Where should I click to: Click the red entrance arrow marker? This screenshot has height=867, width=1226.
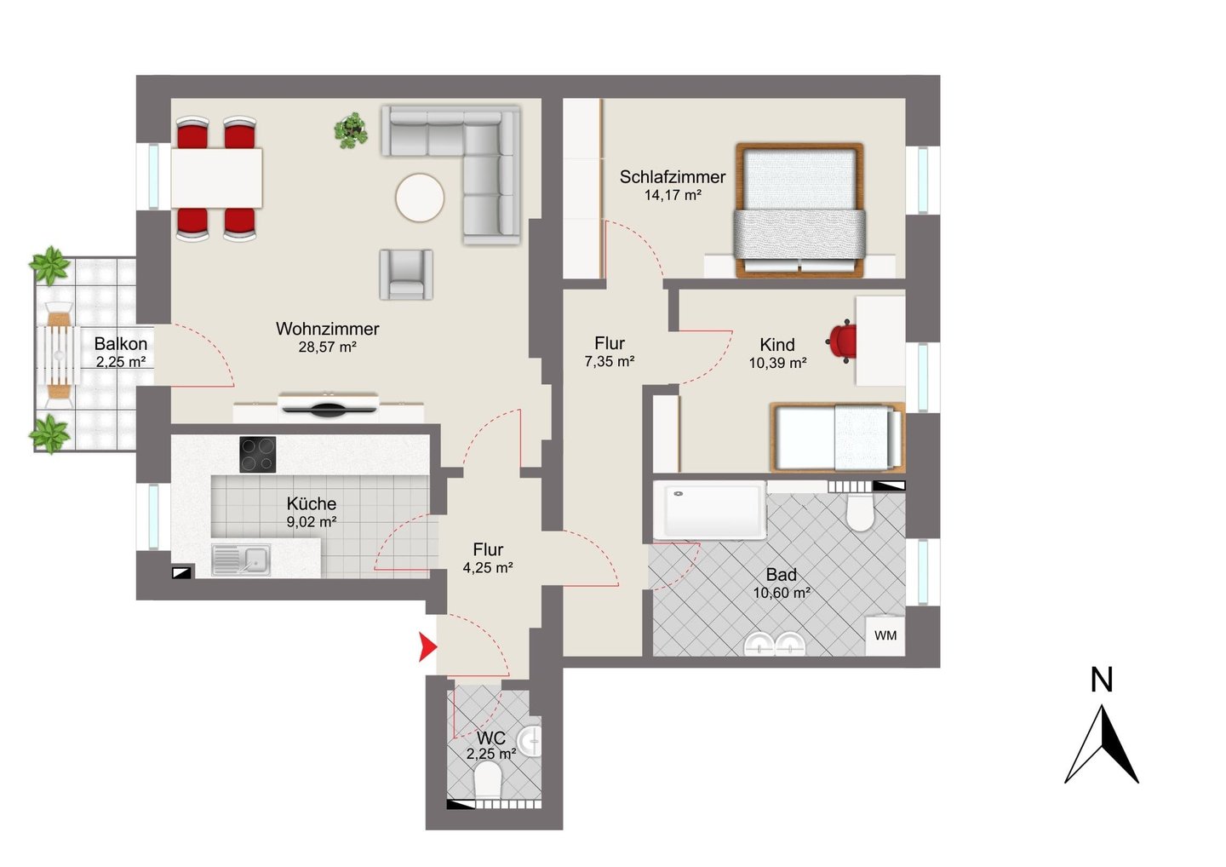pyautogui.click(x=427, y=647)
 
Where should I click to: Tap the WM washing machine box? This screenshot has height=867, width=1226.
pyautogui.click(x=885, y=635)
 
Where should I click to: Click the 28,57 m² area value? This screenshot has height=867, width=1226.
pyautogui.click(x=327, y=347)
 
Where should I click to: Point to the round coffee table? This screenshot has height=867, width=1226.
pyautogui.click(x=420, y=198)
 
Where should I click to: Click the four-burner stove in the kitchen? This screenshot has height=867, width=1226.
pyautogui.click(x=258, y=454)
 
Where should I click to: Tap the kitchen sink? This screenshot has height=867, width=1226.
pyautogui.click(x=242, y=560)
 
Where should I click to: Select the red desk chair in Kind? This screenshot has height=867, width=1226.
pyautogui.click(x=841, y=342)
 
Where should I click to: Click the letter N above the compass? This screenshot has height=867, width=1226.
pyautogui.click(x=1101, y=680)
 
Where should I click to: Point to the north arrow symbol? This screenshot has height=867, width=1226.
pyautogui.click(x=1101, y=745)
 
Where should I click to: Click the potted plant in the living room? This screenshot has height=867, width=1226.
pyautogui.click(x=351, y=130)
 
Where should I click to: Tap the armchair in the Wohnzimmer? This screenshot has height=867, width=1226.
pyautogui.click(x=406, y=275)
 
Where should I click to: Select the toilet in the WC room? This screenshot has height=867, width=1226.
pyautogui.click(x=488, y=780)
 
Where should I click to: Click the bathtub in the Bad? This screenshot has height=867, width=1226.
pyautogui.click(x=709, y=510)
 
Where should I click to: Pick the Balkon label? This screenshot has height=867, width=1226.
pyautogui.click(x=120, y=344)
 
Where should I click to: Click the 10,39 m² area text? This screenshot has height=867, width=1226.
pyautogui.click(x=778, y=362)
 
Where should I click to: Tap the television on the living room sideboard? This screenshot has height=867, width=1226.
pyautogui.click(x=328, y=406)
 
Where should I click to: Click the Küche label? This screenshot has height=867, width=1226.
pyautogui.click(x=312, y=503)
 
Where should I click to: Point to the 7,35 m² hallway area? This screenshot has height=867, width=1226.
pyautogui.click(x=610, y=361)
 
